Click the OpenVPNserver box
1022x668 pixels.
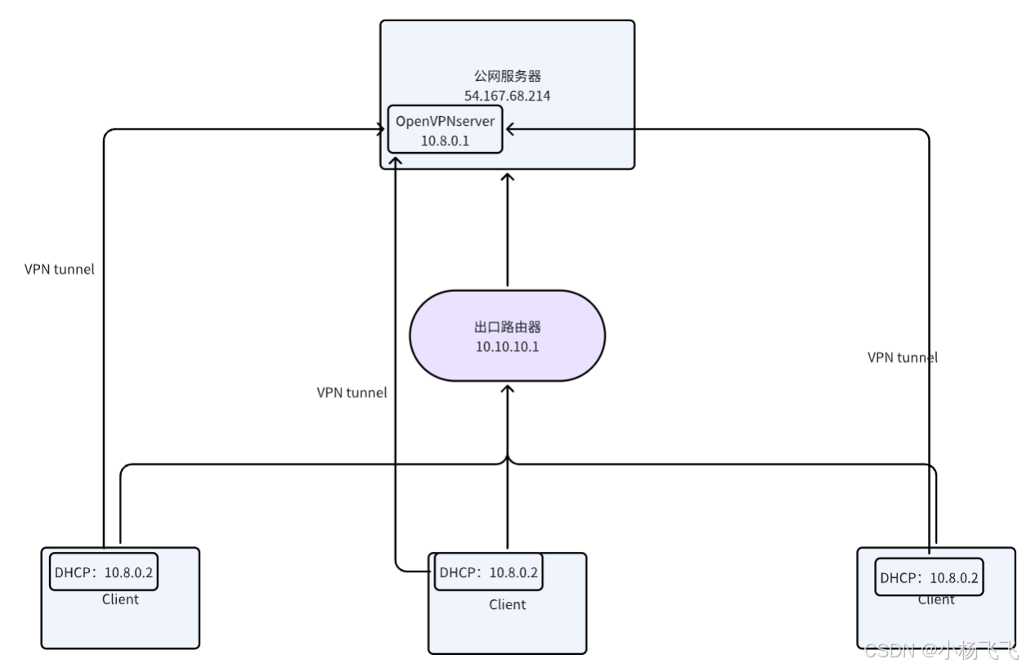[445, 130]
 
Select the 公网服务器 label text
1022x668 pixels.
[508, 77]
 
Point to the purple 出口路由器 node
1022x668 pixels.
[507, 335]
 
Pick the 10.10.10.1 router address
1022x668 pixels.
[508, 346]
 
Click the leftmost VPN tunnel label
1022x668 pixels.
[60, 268]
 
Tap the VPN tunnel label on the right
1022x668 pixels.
[903, 357]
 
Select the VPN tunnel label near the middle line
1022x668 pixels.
[352, 392]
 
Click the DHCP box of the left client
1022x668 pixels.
[103, 573]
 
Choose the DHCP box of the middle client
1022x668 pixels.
[488, 572]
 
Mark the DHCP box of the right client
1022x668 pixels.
[929, 578]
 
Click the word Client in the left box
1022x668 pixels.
[120, 599]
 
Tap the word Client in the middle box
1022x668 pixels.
[507, 605]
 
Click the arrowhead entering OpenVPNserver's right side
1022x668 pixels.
[508, 128]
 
